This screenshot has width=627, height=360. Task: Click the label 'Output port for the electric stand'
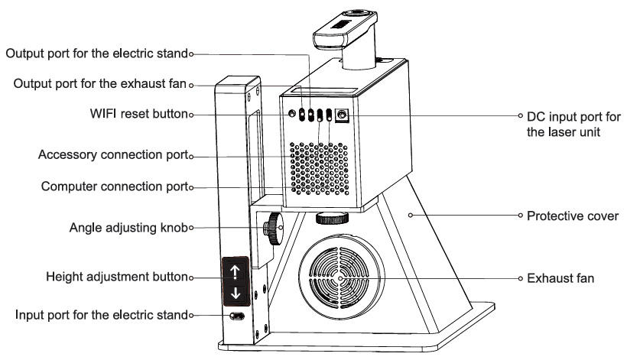point(96,54)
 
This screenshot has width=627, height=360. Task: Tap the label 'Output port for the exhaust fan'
point(100,83)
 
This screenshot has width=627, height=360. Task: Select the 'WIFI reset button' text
point(138,114)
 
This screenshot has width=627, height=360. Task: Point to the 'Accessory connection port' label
point(112,156)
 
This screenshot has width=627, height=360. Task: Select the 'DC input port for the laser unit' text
point(570,124)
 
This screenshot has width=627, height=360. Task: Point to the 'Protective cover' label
point(572,216)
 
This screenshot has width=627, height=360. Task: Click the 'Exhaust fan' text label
point(560,278)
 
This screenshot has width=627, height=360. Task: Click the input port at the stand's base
point(238,316)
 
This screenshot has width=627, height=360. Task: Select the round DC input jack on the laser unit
point(341,115)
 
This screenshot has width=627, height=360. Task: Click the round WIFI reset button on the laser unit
point(292,115)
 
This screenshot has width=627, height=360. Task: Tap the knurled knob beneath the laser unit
point(331,217)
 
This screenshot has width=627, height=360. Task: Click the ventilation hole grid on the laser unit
point(321,167)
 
